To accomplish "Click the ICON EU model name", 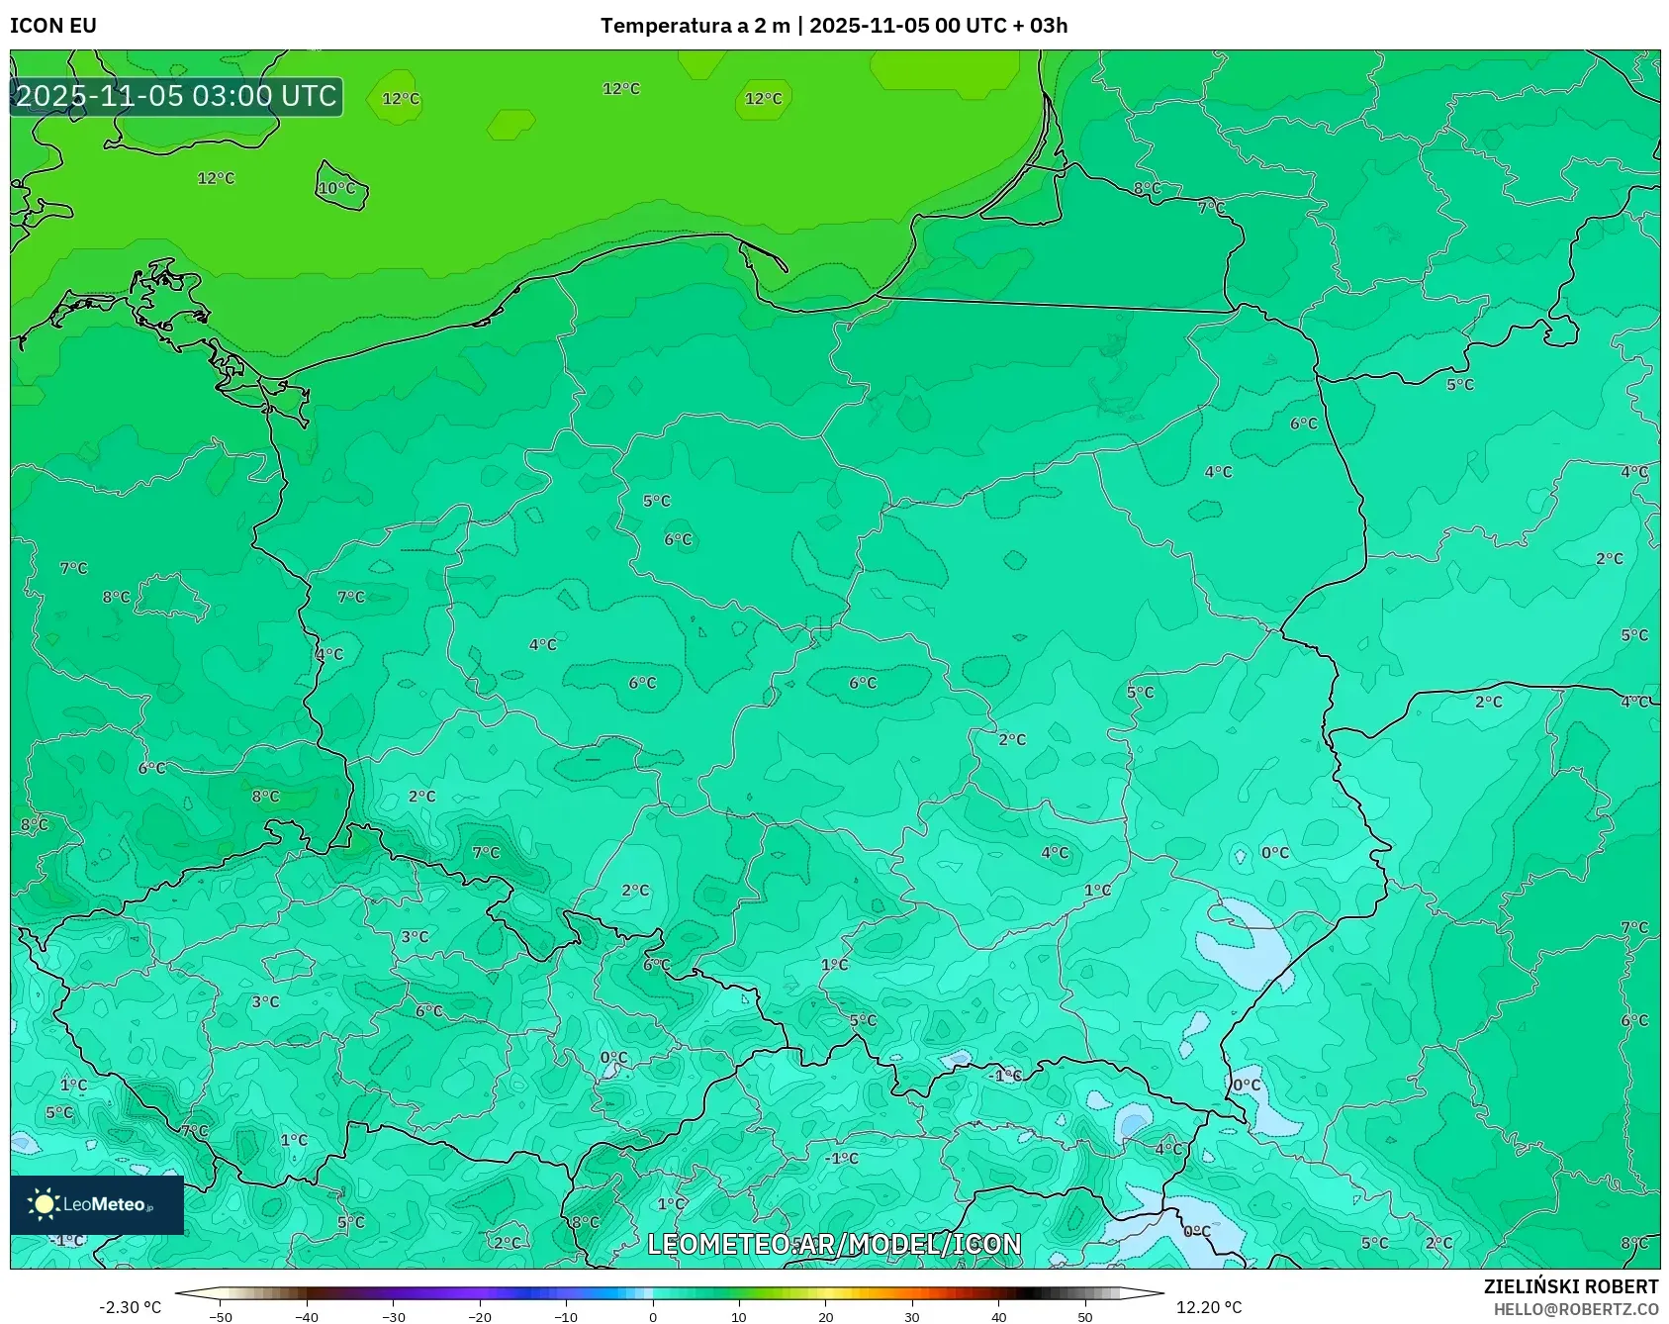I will pyautogui.click(x=53, y=26).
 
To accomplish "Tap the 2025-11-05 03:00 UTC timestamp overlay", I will pyautogui.click(x=176, y=96).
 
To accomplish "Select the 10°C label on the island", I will pyautogui.click(x=336, y=188).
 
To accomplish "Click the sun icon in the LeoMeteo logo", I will pyautogui.click(x=44, y=1203).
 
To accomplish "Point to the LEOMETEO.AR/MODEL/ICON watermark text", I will pyautogui.click(x=834, y=1244).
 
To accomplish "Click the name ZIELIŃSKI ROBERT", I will pyautogui.click(x=1570, y=1286).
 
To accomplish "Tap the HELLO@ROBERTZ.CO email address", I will pyautogui.click(x=1575, y=1309).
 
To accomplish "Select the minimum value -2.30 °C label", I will pyautogui.click(x=130, y=1307).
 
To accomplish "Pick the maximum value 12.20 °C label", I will pyautogui.click(x=1208, y=1307).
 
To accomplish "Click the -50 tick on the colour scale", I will pyautogui.click(x=221, y=1317).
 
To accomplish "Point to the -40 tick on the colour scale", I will pyautogui.click(x=307, y=1317).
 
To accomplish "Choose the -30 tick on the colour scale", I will pyautogui.click(x=394, y=1317).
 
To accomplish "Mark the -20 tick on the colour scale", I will pyautogui.click(x=480, y=1317).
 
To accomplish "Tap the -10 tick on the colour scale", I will pyautogui.click(x=566, y=1317).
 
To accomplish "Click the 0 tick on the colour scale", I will pyautogui.click(x=653, y=1317).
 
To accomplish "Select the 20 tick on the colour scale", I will pyautogui.click(x=825, y=1317).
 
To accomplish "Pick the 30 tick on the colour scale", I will pyautogui.click(x=912, y=1317).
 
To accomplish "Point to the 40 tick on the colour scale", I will pyautogui.click(x=998, y=1317).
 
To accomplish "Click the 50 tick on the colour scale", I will pyautogui.click(x=1085, y=1317).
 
